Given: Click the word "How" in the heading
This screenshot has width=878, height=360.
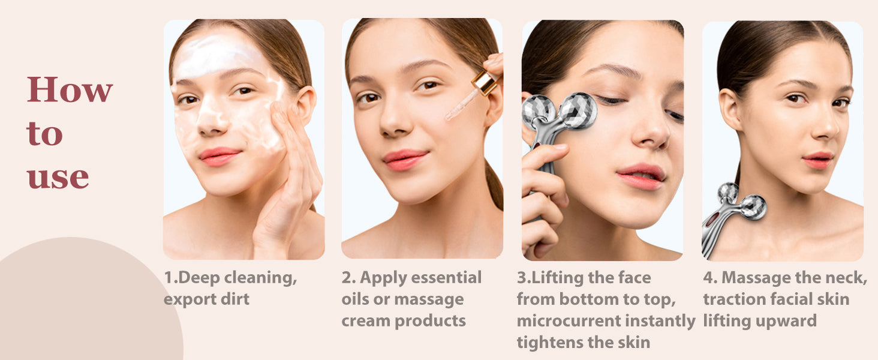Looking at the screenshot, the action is point(70,90).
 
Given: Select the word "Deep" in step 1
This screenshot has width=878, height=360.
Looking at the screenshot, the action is point(199,278).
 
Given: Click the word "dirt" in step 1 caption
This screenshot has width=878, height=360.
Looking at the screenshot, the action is point(234,299).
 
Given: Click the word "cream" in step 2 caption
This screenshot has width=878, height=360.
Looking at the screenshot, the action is point(366,321).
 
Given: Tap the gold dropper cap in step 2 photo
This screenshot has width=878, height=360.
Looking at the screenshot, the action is point(485,82).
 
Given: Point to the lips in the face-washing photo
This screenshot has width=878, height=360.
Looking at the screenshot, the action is point(219,156).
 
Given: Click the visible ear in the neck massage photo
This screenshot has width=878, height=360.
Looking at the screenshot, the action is point(729,109).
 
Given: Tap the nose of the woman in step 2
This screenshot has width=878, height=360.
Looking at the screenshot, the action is point(395,122).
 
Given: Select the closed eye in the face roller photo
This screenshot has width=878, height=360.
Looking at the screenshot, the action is point(612,100).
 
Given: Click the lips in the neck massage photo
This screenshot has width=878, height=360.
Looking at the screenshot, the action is point(817,160).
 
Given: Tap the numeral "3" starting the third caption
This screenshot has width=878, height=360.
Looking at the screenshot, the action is point(522,278).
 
